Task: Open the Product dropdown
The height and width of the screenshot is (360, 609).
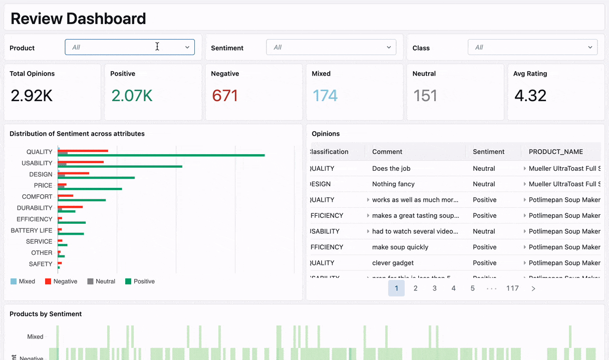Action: point(129,47)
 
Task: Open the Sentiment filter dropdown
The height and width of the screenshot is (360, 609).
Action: point(331,47)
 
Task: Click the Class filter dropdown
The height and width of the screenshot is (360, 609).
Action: point(532,47)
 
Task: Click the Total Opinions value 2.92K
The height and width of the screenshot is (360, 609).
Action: point(32,96)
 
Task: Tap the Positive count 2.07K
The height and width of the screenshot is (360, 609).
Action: point(132,96)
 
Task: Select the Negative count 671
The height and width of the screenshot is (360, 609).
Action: point(225,96)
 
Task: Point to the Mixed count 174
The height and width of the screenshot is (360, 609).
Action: point(325,96)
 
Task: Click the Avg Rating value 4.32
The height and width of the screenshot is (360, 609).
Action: point(530,96)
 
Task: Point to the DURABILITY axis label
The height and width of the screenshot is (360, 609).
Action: point(35,208)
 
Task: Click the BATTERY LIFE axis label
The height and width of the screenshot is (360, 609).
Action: point(32,230)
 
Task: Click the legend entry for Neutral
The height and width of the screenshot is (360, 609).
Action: point(101,281)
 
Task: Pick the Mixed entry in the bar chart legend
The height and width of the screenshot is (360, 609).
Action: point(23,281)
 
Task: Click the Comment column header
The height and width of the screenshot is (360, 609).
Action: point(387,152)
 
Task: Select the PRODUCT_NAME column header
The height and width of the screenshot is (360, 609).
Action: point(555,152)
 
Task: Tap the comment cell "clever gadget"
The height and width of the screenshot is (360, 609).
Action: point(393,263)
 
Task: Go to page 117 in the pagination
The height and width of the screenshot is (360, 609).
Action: point(512,288)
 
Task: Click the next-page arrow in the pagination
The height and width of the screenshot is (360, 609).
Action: point(533,288)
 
